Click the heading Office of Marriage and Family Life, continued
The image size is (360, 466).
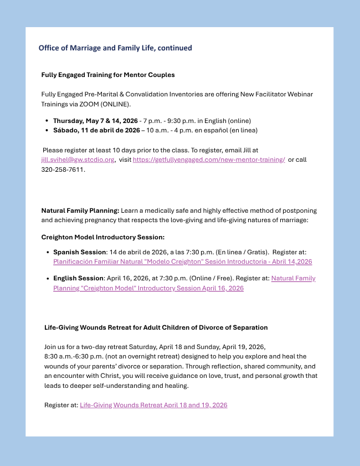115,48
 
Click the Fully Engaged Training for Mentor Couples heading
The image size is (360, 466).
108,74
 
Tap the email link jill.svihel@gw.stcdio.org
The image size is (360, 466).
78,160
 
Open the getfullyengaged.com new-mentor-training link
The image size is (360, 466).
209,160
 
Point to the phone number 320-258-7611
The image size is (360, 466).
63,170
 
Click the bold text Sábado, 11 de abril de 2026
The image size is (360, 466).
96,130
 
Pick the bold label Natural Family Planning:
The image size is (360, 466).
80,211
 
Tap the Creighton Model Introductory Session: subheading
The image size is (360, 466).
103,237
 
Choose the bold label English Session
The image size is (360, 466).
79,278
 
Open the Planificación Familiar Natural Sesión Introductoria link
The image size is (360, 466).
182,262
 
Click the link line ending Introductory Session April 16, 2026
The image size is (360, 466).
148,288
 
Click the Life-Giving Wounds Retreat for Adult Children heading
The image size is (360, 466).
156,327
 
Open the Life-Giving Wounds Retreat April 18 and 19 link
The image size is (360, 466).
153,405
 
